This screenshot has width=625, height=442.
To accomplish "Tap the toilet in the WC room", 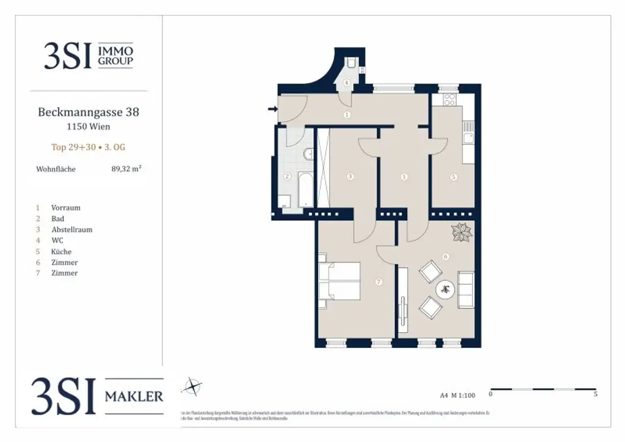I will point(353,63).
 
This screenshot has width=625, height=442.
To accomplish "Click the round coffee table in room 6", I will point(447,289).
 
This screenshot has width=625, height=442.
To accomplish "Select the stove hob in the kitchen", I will point(450,100).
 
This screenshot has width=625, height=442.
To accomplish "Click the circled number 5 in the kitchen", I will point(453,178).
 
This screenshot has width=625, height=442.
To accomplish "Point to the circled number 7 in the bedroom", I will point(379,281).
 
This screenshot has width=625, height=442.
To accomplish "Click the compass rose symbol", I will point(193,386).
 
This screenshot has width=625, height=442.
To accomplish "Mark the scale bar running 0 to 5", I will point(543,389).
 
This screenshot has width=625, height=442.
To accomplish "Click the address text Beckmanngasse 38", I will point(89,112).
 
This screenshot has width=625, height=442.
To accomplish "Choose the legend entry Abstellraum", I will point(71,230).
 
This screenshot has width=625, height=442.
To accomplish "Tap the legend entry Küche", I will point(61,252).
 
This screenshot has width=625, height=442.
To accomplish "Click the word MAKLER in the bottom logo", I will point(134,396).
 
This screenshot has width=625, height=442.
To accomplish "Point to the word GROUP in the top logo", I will point(115,61).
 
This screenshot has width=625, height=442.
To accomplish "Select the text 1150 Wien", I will point(89,127).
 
